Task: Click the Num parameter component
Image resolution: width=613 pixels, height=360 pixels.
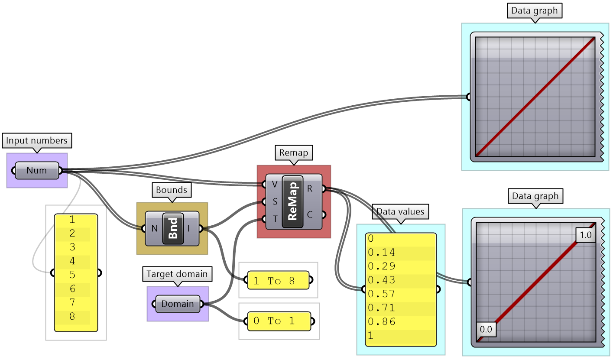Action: coord(37,170)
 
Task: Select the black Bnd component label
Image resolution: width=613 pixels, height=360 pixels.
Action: coord(173,228)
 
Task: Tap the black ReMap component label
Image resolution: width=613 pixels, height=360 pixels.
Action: coord(292,201)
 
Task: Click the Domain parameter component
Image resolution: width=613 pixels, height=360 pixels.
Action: coord(178,304)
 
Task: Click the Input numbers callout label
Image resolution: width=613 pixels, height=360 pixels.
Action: coord(37,141)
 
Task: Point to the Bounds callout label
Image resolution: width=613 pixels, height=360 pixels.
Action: coord(172,190)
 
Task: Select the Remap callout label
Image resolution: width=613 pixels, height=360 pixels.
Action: coord(293,152)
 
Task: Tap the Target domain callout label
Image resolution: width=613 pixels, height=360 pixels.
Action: coord(177,274)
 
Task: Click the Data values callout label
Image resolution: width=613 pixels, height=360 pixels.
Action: coord(401,212)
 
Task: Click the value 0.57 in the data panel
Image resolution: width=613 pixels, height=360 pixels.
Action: coord(382,294)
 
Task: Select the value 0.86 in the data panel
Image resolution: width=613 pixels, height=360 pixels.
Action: coord(382,321)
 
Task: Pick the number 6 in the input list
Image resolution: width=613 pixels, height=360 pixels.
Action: coord(72,289)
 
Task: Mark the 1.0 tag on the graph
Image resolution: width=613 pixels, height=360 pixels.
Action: coord(585,235)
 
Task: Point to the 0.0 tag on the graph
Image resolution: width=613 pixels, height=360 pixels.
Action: coord(486,329)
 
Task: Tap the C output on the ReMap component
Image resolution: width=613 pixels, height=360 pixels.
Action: coord(310,214)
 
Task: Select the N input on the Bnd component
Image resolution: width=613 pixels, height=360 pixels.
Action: coord(154,228)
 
